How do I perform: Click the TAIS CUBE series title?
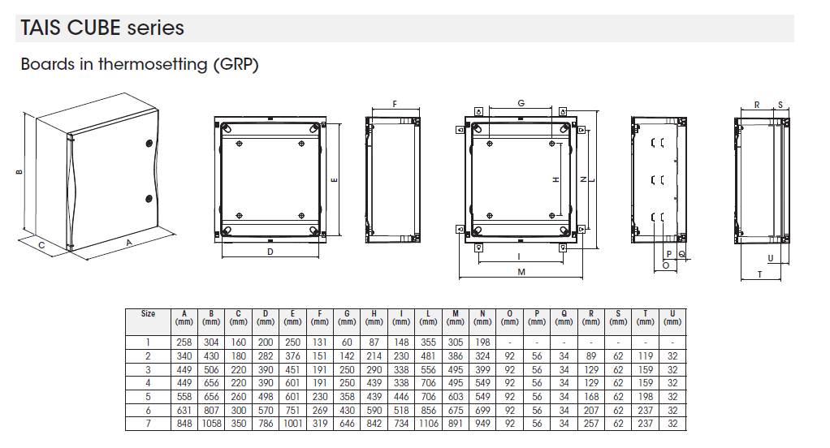[x=102, y=28]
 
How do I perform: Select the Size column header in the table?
[x=148, y=313]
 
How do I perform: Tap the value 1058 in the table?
[x=211, y=424]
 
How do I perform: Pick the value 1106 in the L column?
[x=428, y=424]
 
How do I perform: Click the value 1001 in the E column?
[x=292, y=424]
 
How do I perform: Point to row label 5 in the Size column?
[x=148, y=397]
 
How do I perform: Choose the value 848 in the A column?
[x=184, y=424]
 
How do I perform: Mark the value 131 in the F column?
[x=320, y=342]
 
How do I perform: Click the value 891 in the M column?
[x=456, y=424]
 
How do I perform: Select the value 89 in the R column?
[x=591, y=356]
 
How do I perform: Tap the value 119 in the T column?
[x=645, y=356]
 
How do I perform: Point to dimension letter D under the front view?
[x=270, y=252]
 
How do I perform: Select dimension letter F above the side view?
[x=394, y=104]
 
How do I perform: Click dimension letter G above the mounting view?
[x=521, y=103]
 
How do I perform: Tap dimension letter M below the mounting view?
[x=521, y=273]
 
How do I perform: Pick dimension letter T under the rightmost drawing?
[x=759, y=274]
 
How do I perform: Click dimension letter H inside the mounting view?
[x=555, y=179]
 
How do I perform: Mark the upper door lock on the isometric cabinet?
[x=149, y=143]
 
